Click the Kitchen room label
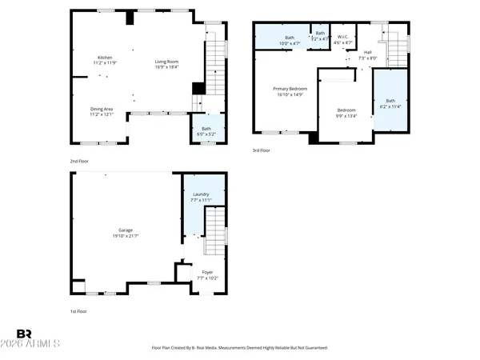point(104,58)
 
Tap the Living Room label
point(166,62)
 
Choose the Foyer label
point(207,273)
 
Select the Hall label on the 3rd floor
point(367,53)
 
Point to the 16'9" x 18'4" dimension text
point(166,67)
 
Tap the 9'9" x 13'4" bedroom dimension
point(346,115)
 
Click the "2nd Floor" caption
point(78,162)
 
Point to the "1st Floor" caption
point(78,310)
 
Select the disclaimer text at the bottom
point(239,348)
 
